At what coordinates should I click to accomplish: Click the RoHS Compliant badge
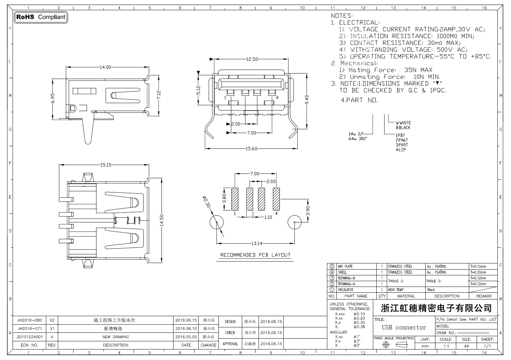[40, 17]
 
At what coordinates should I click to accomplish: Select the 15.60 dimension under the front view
[251, 149]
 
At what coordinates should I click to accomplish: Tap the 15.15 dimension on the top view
[105, 165]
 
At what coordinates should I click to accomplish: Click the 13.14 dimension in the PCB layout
[257, 243]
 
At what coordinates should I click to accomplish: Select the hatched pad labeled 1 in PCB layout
[235, 198]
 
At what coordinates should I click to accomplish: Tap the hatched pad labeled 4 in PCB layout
[276, 198]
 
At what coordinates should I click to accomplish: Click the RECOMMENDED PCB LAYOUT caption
[255, 255]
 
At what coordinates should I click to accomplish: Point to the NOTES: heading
[342, 16]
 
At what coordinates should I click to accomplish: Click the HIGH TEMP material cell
[396, 290]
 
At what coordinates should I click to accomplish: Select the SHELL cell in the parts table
[342, 272]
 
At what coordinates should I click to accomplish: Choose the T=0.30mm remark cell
[478, 272]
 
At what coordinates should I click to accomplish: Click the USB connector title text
[404, 327]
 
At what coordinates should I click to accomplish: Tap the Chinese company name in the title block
[436, 308]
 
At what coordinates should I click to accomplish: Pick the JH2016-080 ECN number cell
[30, 320]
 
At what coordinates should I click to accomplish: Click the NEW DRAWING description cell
[116, 337]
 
